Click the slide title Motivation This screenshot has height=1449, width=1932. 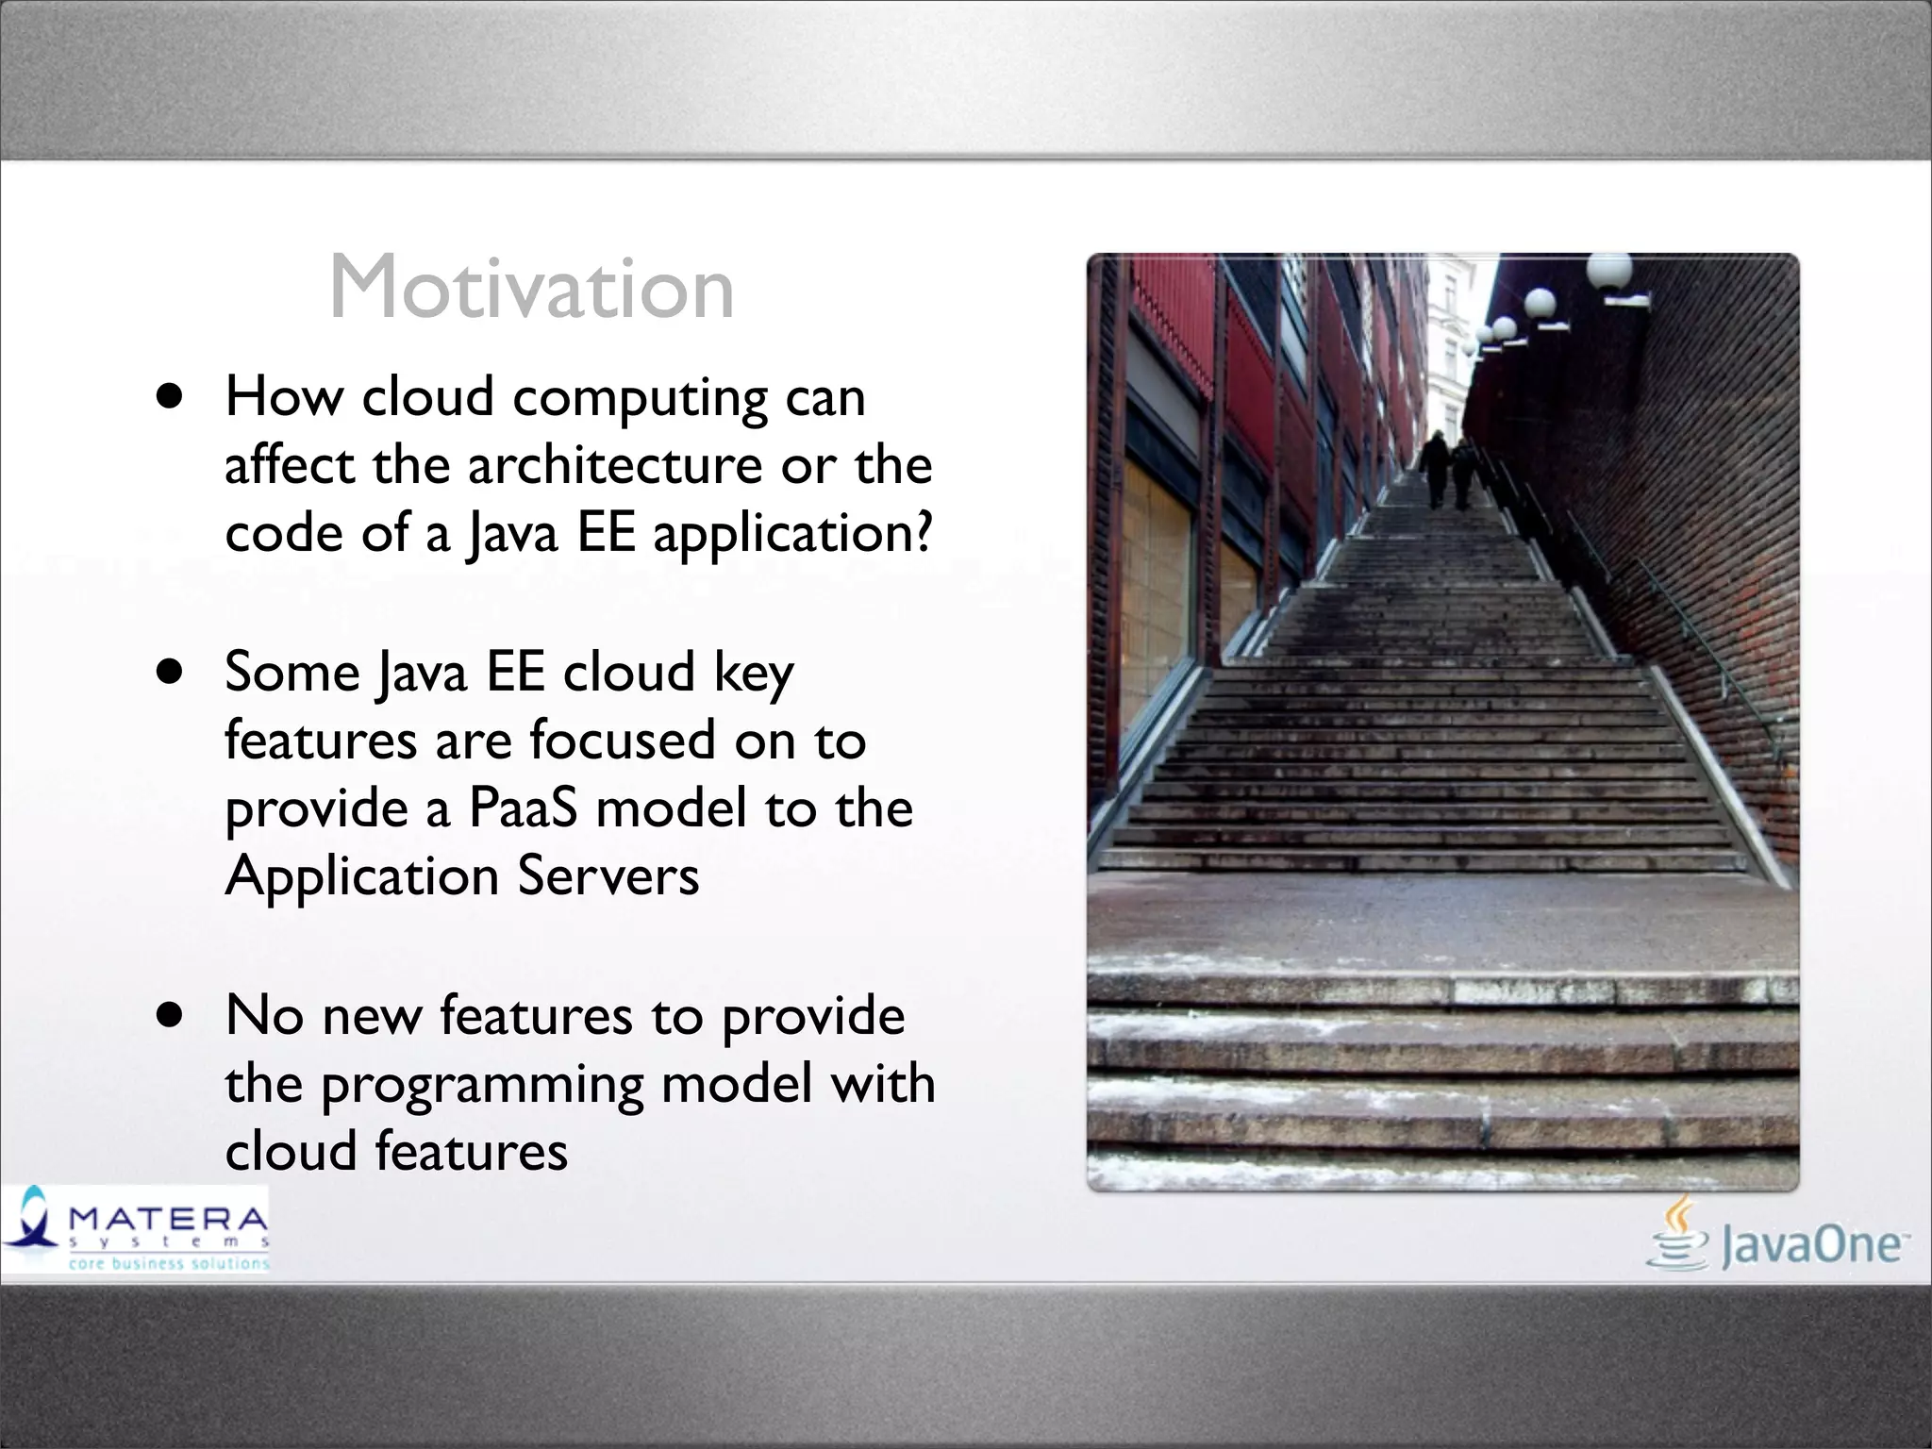531,288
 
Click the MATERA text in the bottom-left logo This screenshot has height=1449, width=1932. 168,1219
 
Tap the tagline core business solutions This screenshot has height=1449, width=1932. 168,1263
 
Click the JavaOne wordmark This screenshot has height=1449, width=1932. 1811,1245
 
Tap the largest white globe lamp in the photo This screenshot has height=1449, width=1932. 1609,272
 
